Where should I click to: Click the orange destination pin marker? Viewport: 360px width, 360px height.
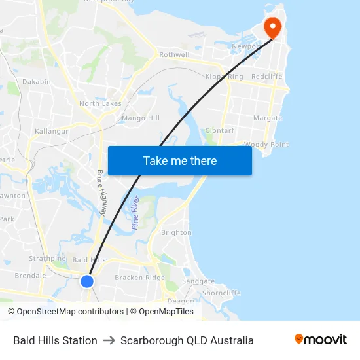pos(272,27)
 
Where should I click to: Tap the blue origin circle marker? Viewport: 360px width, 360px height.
pos(87,281)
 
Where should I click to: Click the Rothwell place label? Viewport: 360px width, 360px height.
pos(174,55)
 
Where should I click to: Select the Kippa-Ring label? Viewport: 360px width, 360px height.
pos(224,77)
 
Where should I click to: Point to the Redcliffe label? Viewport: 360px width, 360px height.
pos(266,77)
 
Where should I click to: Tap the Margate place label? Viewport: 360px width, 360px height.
pos(268,118)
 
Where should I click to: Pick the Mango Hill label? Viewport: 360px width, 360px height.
pos(141,118)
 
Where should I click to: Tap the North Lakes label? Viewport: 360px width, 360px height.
pos(100,103)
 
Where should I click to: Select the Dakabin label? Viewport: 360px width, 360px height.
pos(36,82)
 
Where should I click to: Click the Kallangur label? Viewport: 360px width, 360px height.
pos(52,132)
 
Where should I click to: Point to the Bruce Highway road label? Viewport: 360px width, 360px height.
pos(102,193)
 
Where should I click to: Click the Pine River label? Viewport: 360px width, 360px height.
pos(135,212)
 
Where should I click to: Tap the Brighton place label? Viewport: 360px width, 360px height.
pos(176,232)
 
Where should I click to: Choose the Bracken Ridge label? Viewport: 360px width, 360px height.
pos(140,278)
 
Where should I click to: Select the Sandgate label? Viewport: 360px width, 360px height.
pos(198,281)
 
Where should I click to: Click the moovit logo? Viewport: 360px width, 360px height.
pos(320,340)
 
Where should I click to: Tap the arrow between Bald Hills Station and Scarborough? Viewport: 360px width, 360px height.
pos(109,340)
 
